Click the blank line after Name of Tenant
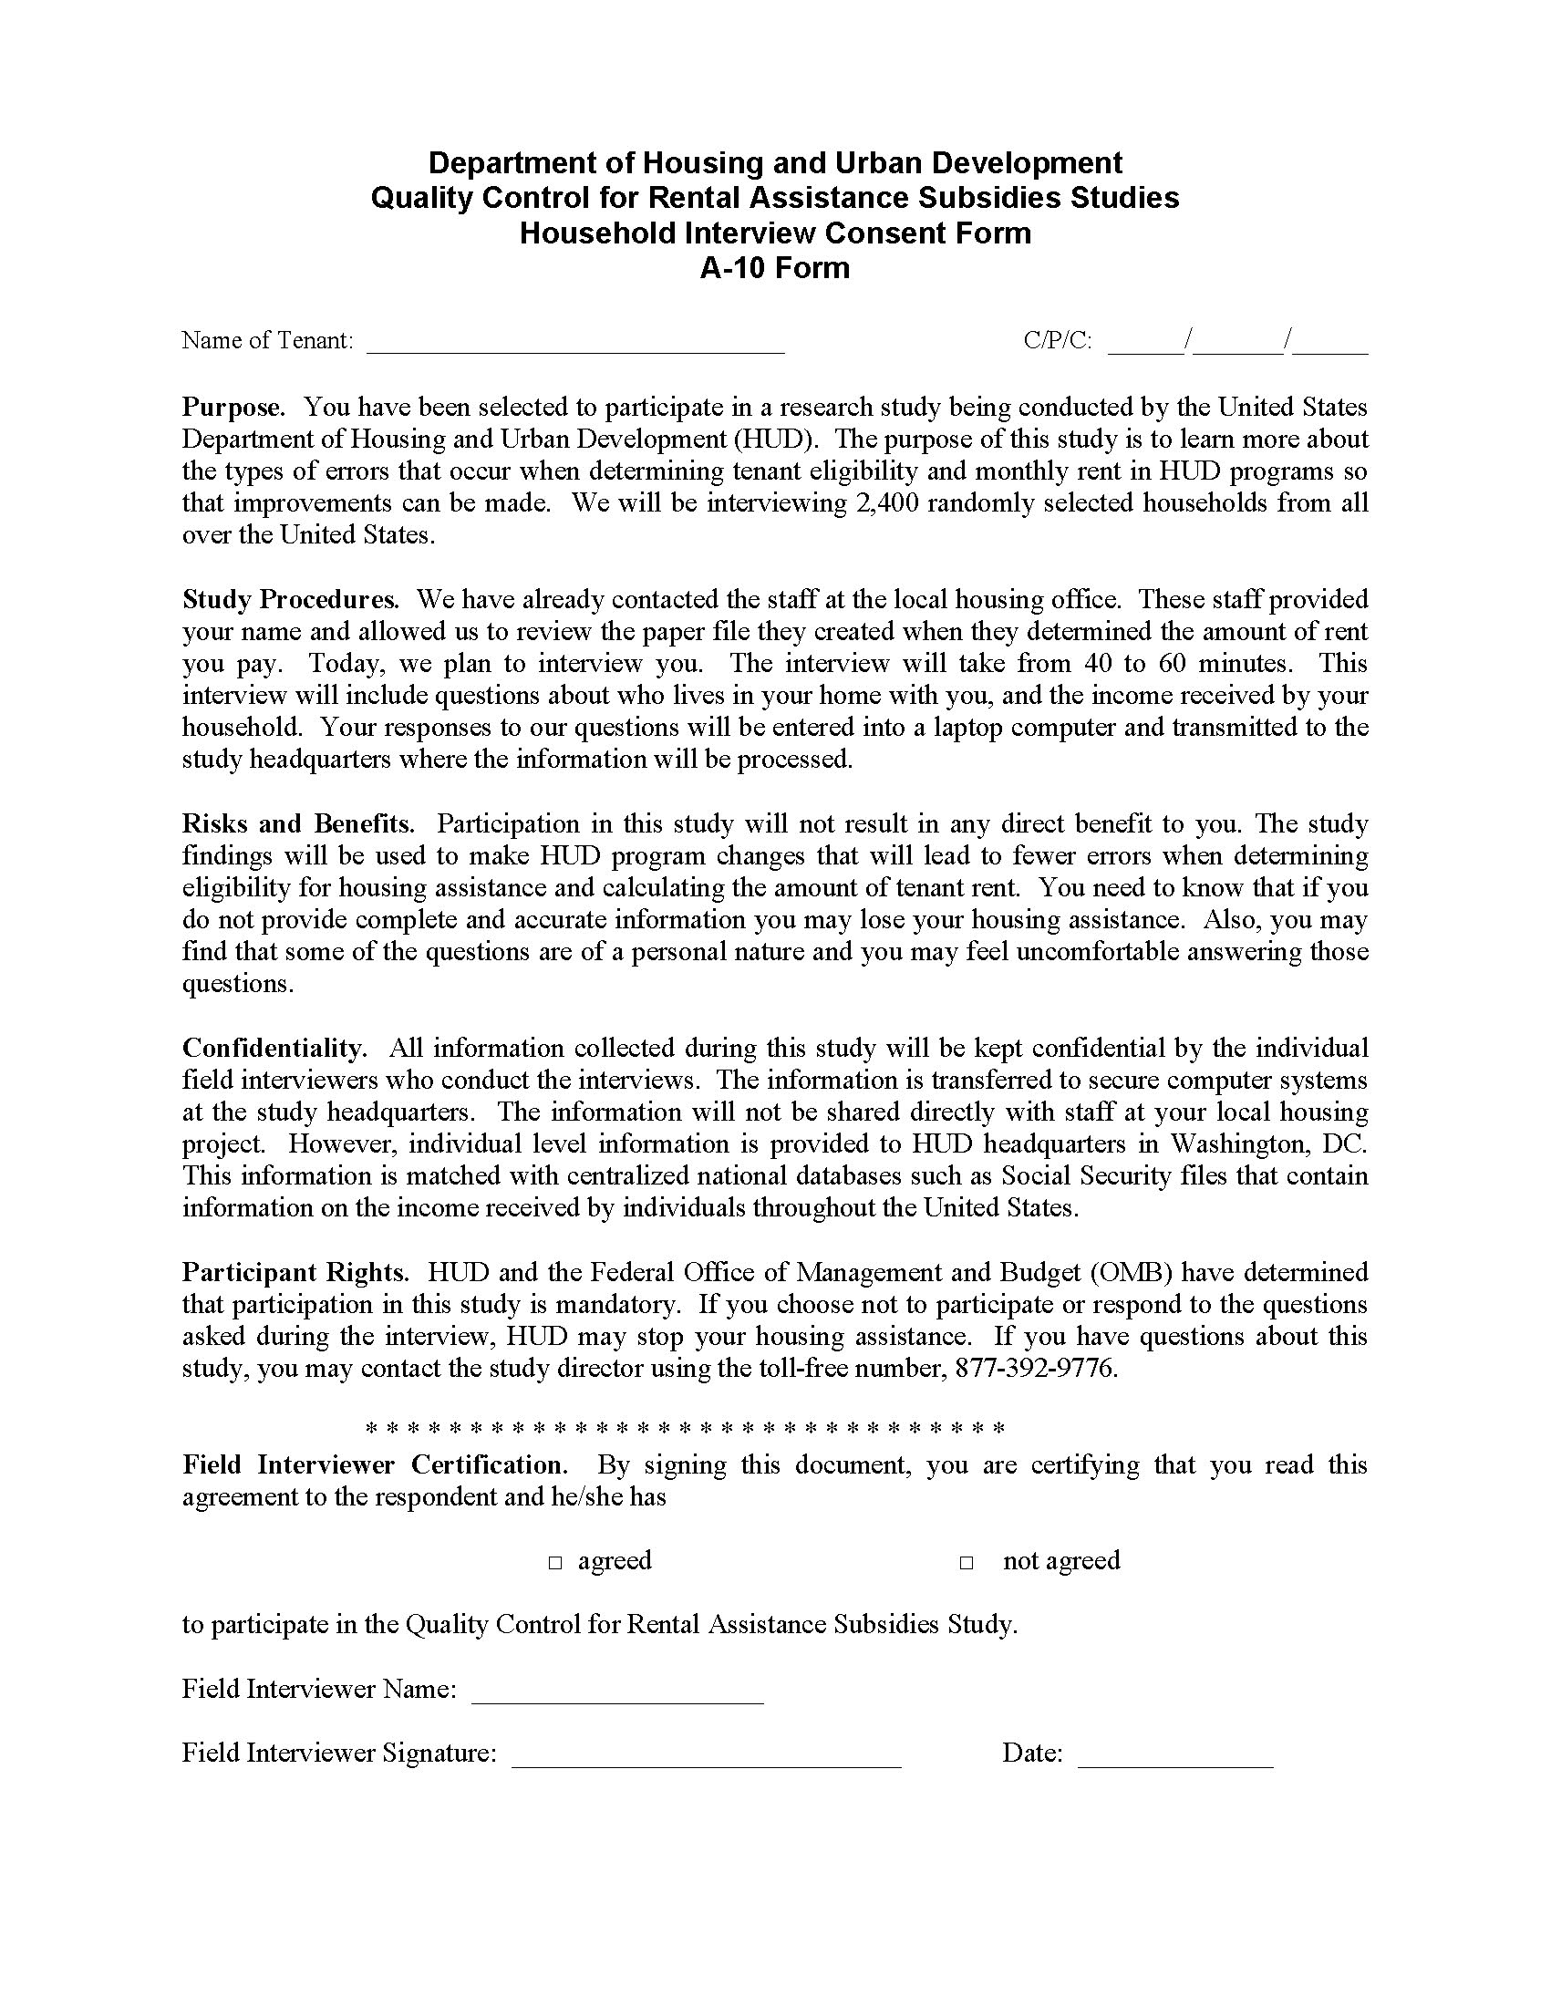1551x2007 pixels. click(575, 344)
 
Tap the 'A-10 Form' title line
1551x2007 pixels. click(774, 268)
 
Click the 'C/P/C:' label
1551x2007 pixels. click(1058, 341)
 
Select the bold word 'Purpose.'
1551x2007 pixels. click(233, 407)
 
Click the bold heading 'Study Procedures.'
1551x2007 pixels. click(290, 599)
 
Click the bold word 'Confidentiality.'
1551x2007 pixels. click(274, 1048)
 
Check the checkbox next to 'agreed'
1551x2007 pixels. click(555, 1562)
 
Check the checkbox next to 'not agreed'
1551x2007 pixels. click(967, 1562)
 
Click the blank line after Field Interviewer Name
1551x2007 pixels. click(617, 1692)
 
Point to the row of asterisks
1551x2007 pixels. click(686, 1428)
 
